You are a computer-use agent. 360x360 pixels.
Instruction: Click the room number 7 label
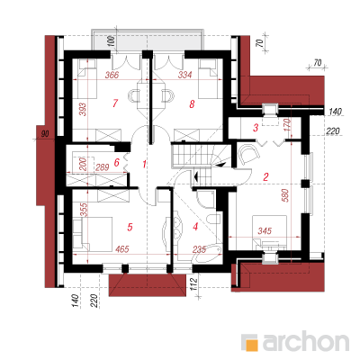[x=115, y=103]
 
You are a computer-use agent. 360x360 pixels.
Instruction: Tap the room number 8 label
[x=192, y=104]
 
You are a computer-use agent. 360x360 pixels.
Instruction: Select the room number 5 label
[x=130, y=227]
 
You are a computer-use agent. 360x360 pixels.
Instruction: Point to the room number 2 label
[x=265, y=177]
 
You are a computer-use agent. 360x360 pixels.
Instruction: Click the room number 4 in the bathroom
[x=195, y=227]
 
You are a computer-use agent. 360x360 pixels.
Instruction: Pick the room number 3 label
[x=256, y=128]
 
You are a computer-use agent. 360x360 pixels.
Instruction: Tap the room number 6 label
[x=117, y=163]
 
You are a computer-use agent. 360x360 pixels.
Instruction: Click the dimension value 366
[x=112, y=75]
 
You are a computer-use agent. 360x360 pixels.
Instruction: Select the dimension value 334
[x=184, y=75]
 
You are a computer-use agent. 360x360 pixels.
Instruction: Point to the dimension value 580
[x=286, y=195]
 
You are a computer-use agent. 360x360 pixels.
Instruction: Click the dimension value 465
[x=121, y=248]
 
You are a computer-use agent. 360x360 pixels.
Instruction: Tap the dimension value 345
[x=265, y=231]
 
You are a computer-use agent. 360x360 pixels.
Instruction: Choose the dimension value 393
[x=83, y=110]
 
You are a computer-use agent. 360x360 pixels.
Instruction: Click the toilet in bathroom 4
[x=214, y=220]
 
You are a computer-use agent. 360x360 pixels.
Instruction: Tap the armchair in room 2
[x=248, y=154]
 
